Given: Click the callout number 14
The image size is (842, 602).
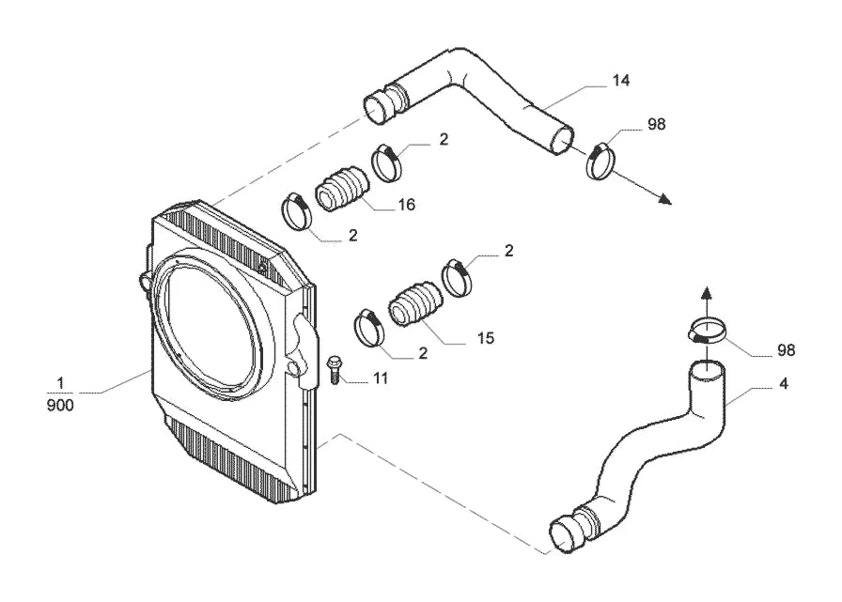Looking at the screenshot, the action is tap(621, 81).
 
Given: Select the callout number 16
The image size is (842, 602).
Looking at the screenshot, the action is tap(407, 205).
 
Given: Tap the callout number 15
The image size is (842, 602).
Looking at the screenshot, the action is tap(485, 338).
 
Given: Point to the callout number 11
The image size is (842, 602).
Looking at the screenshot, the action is tap(381, 378).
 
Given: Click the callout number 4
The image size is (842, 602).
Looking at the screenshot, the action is tap(784, 384).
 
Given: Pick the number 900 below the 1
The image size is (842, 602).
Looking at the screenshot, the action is tap(60, 405).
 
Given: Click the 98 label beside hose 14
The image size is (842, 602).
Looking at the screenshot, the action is tap(656, 125).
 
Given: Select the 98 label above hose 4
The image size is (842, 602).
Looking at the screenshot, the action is tap(786, 350).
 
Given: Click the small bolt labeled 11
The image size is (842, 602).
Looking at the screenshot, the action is tap(334, 370).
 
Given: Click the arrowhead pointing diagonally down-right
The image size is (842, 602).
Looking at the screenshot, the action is tap(665, 200).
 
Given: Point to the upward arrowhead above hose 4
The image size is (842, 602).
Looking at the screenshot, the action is tap(708, 293).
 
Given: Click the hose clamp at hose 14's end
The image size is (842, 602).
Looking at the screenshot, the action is tap(600, 161).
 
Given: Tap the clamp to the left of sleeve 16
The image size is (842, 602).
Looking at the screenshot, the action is tap(297, 210).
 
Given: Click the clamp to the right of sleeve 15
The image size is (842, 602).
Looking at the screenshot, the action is tap(458, 277).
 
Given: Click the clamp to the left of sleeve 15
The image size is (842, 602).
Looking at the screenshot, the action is tap(369, 327).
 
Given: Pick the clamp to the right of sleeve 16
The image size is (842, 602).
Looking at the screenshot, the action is tap(386, 163).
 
